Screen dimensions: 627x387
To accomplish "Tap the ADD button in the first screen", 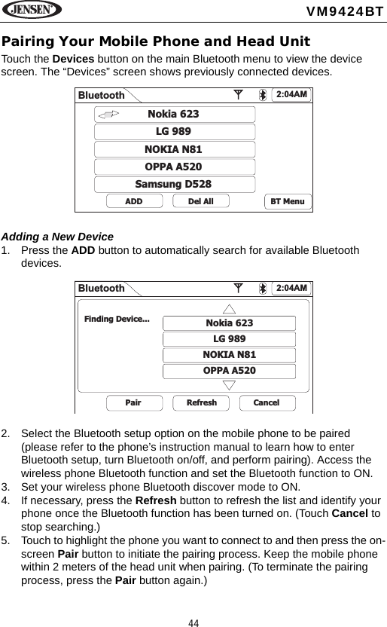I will click(x=133, y=201).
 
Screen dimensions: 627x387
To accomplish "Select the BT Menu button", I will click(x=286, y=201).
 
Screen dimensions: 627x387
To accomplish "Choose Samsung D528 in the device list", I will click(x=174, y=184).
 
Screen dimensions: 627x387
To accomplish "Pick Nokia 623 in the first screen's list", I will click(x=174, y=115).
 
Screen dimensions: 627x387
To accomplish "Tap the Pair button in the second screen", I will click(x=133, y=402).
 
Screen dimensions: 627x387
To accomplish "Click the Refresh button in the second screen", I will click(x=201, y=402).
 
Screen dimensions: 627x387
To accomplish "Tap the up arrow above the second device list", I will click(x=230, y=309).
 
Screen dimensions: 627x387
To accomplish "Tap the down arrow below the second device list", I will click(x=230, y=385).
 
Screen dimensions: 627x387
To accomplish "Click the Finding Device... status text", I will click(x=117, y=319).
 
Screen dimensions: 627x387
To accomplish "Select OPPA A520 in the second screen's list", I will click(x=230, y=371).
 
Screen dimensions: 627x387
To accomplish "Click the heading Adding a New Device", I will click(x=57, y=236).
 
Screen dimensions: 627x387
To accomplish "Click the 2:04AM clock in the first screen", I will click(x=292, y=94).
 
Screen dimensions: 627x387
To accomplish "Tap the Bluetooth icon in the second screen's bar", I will click(x=262, y=289).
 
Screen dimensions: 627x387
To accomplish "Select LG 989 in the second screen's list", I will click(x=230, y=339).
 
